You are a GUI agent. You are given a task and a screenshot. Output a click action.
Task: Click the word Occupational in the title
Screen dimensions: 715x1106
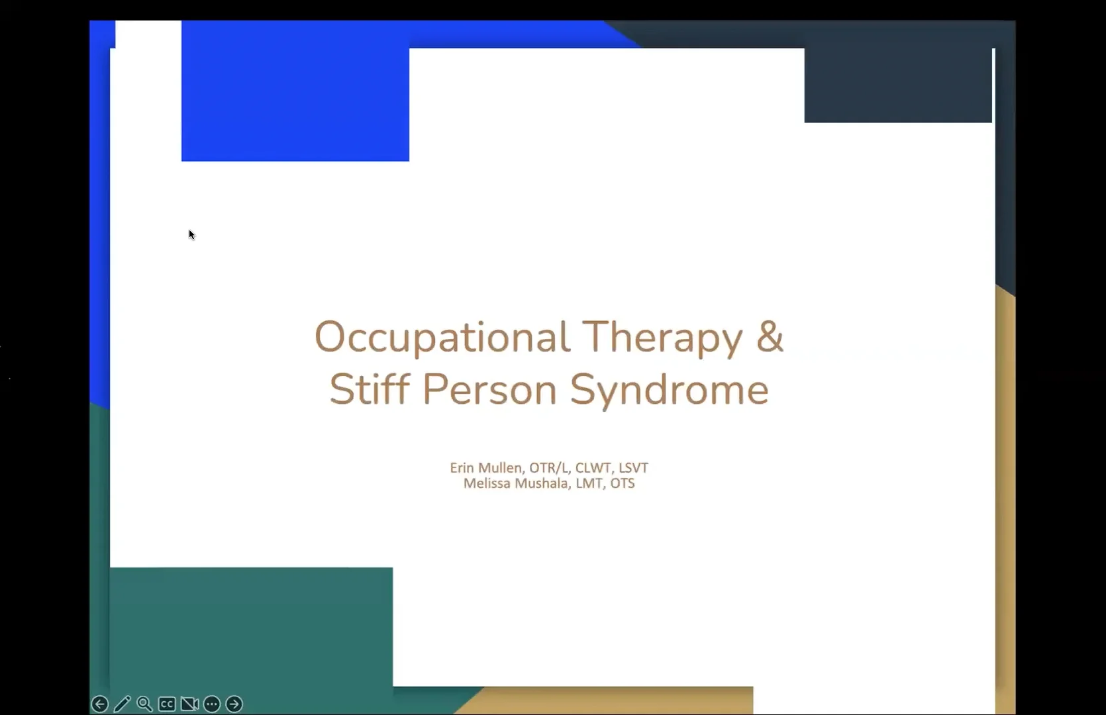pos(442,338)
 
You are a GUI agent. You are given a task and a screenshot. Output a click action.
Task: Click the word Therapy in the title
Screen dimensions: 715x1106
pos(663,338)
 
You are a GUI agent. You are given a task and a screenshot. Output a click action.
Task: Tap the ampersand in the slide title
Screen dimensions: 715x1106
pos(770,336)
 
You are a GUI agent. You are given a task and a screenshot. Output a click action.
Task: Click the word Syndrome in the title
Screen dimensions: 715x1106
pos(669,389)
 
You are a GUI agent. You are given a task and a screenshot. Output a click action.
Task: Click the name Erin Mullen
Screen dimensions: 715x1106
pos(485,467)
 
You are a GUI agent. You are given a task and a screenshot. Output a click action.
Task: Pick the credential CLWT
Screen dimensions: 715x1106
pos(593,467)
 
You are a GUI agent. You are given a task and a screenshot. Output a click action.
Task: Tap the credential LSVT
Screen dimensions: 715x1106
pos(633,467)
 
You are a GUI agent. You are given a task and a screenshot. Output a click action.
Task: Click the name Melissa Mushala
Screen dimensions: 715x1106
pos(515,483)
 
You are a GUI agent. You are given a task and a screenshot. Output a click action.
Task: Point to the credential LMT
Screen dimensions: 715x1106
pos(589,483)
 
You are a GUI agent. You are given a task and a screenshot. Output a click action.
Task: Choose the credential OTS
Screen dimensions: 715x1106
pos(622,483)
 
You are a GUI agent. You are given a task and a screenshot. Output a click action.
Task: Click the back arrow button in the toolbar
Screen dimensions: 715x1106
pos(99,704)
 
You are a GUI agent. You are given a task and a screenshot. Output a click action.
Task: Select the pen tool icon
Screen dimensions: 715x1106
pos(122,704)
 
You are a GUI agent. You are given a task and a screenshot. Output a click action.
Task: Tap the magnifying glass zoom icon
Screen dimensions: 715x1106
pos(144,704)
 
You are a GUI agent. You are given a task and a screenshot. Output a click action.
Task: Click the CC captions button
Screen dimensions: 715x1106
pos(167,704)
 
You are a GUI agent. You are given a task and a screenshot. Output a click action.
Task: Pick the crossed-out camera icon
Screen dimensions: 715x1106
pos(189,704)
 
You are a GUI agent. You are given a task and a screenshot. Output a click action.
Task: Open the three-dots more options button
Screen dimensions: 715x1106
pos(212,704)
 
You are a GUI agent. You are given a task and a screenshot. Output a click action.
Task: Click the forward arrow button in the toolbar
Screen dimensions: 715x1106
pos(234,704)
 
